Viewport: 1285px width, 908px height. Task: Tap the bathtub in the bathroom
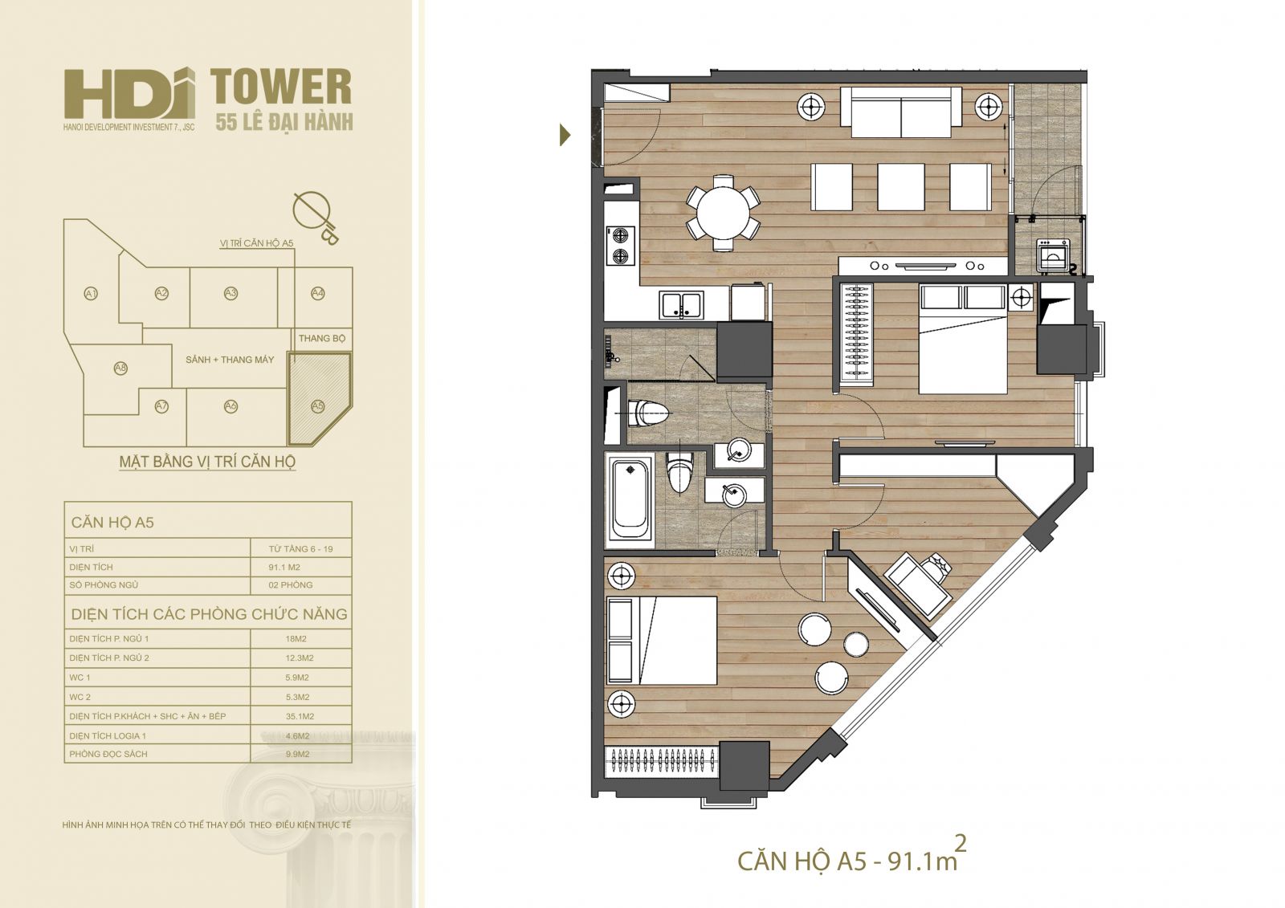(x=630, y=497)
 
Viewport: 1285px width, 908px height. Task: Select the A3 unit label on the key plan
(x=230, y=294)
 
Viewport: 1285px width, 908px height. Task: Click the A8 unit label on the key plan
(x=120, y=368)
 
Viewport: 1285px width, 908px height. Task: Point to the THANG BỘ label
(x=322, y=339)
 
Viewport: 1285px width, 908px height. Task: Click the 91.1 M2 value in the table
(x=284, y=568)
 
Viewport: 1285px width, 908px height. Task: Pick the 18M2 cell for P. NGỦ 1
(x=296, y=638)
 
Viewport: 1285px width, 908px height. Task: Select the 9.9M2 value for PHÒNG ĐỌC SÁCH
(x=297, y=755)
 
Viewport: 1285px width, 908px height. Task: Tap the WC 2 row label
(x=80, y=697)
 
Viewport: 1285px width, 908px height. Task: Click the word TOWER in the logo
(x=281, y=87)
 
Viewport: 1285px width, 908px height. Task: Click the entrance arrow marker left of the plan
(x=565, y=136)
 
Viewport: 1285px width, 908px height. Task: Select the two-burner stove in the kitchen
(x=621, y=245)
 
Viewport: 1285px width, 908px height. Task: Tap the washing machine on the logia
(x=1053, y=255)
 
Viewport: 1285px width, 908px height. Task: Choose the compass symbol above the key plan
(x=315, y=215)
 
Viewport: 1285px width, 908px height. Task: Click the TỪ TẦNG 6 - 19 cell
(x=300, y=549)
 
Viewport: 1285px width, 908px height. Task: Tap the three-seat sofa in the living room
(x=901, y=112)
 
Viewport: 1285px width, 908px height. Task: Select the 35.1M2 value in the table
(x=300, y=716)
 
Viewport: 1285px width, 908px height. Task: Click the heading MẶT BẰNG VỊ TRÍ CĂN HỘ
(x=207, y=462)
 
